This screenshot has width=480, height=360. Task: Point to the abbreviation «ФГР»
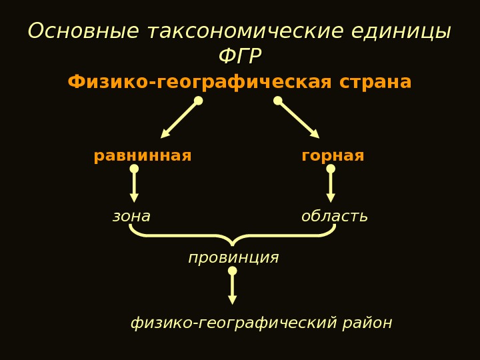[240, 57]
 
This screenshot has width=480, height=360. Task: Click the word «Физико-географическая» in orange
[199, 83]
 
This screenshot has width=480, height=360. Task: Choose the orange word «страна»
[375, 83]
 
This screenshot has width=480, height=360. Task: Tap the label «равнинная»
[143, 156]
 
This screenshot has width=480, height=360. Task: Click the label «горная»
[333, 156]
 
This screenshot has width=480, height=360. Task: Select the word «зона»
[131, 217]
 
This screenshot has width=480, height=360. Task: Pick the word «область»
[334, 217]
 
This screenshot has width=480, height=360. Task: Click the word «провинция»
[233, 257]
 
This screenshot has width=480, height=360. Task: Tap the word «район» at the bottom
[367, 323]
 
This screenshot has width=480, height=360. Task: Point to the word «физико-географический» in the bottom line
[234, 323]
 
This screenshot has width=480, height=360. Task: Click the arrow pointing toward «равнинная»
[180, 119]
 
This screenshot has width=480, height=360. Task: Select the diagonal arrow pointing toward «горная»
[298, 119]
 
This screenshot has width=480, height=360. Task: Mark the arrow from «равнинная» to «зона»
[134, 185]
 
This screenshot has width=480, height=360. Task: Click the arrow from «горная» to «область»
[331, 185]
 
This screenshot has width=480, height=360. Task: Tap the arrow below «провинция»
[233, 288]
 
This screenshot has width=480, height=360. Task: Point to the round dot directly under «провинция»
[233, 271]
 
